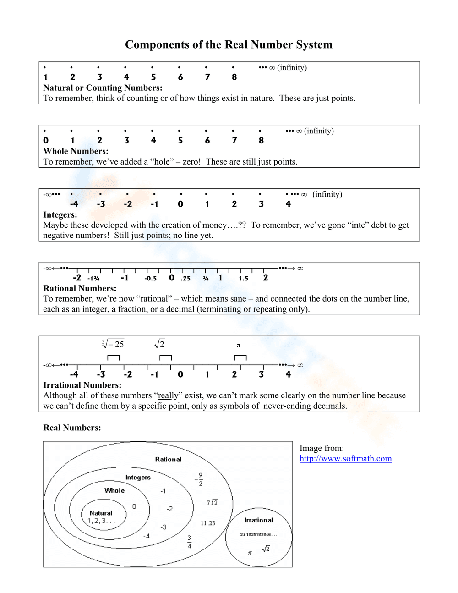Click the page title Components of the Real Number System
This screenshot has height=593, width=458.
tap(229, 44)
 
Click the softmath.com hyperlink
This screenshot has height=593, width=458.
tap(345, 458)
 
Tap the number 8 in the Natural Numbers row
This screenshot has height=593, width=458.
tap(234, 77)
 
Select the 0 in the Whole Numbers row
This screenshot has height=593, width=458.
tap(46, 140)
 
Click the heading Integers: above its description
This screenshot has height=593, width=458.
tap(60, 214)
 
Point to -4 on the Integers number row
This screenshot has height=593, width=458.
tap(74, 204)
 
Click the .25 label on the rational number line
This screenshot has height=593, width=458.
tap(185, 278)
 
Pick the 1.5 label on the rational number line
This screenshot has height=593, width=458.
tap(243, 278)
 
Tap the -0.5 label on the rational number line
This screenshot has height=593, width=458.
tap(150, 278)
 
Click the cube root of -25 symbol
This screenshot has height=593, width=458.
tap(113, 344)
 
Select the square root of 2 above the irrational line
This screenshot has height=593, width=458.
tap(159, 344)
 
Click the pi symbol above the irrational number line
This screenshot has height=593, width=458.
tap(238, 346)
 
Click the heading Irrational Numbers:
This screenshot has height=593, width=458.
tap(82, 385)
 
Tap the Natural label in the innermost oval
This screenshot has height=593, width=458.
tap(101, 513)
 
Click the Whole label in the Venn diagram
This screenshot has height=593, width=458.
tap(114, 490)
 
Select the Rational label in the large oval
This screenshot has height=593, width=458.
tap(168, 459)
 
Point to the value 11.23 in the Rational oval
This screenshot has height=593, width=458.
tap(207, 523)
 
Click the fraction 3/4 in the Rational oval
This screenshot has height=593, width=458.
tap(189, 541)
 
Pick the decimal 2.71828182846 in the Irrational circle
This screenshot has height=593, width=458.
tap(258, 534)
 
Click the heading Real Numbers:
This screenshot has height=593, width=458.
tap(72, 428)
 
